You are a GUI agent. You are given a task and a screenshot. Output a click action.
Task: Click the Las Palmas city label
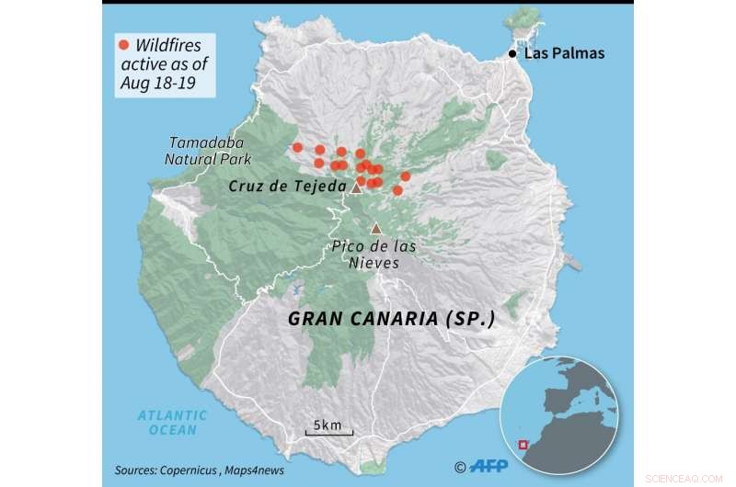coord(564,53)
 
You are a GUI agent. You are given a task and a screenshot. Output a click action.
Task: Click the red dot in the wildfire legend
coord(121,44)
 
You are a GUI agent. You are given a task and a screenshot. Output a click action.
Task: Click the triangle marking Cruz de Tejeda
coord(357,187)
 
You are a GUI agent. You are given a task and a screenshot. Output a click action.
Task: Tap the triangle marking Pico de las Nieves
coord(375,229)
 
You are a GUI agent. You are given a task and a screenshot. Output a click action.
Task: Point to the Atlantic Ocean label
coord(173,422)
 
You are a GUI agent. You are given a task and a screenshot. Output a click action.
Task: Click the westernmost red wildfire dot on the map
coord(297,147)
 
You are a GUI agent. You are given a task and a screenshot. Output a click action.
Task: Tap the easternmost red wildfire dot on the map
coord(406,176)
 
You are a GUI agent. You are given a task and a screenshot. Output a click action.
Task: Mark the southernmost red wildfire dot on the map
coord(397,190)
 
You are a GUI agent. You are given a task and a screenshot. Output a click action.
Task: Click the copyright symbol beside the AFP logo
coord(462,467)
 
